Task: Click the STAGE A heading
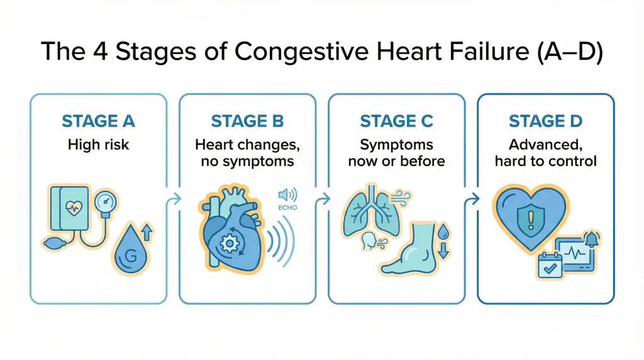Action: point(99,121)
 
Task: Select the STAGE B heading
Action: point(247,121)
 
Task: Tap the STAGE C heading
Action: point(396,121)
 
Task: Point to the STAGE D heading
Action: point(545,121)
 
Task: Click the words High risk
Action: point(99,145)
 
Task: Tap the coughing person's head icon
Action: point(369,241)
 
